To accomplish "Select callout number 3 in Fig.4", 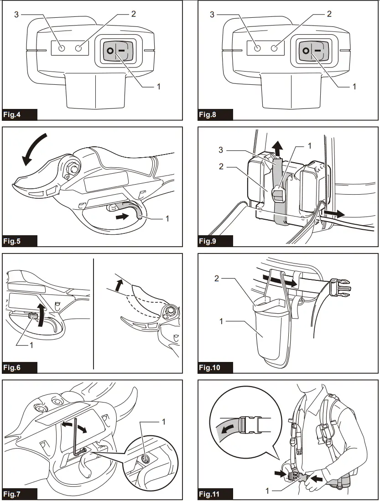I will tap(16, 15).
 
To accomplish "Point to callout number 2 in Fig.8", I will tap(329, 14).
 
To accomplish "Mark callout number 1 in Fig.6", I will tap(31, 345).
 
